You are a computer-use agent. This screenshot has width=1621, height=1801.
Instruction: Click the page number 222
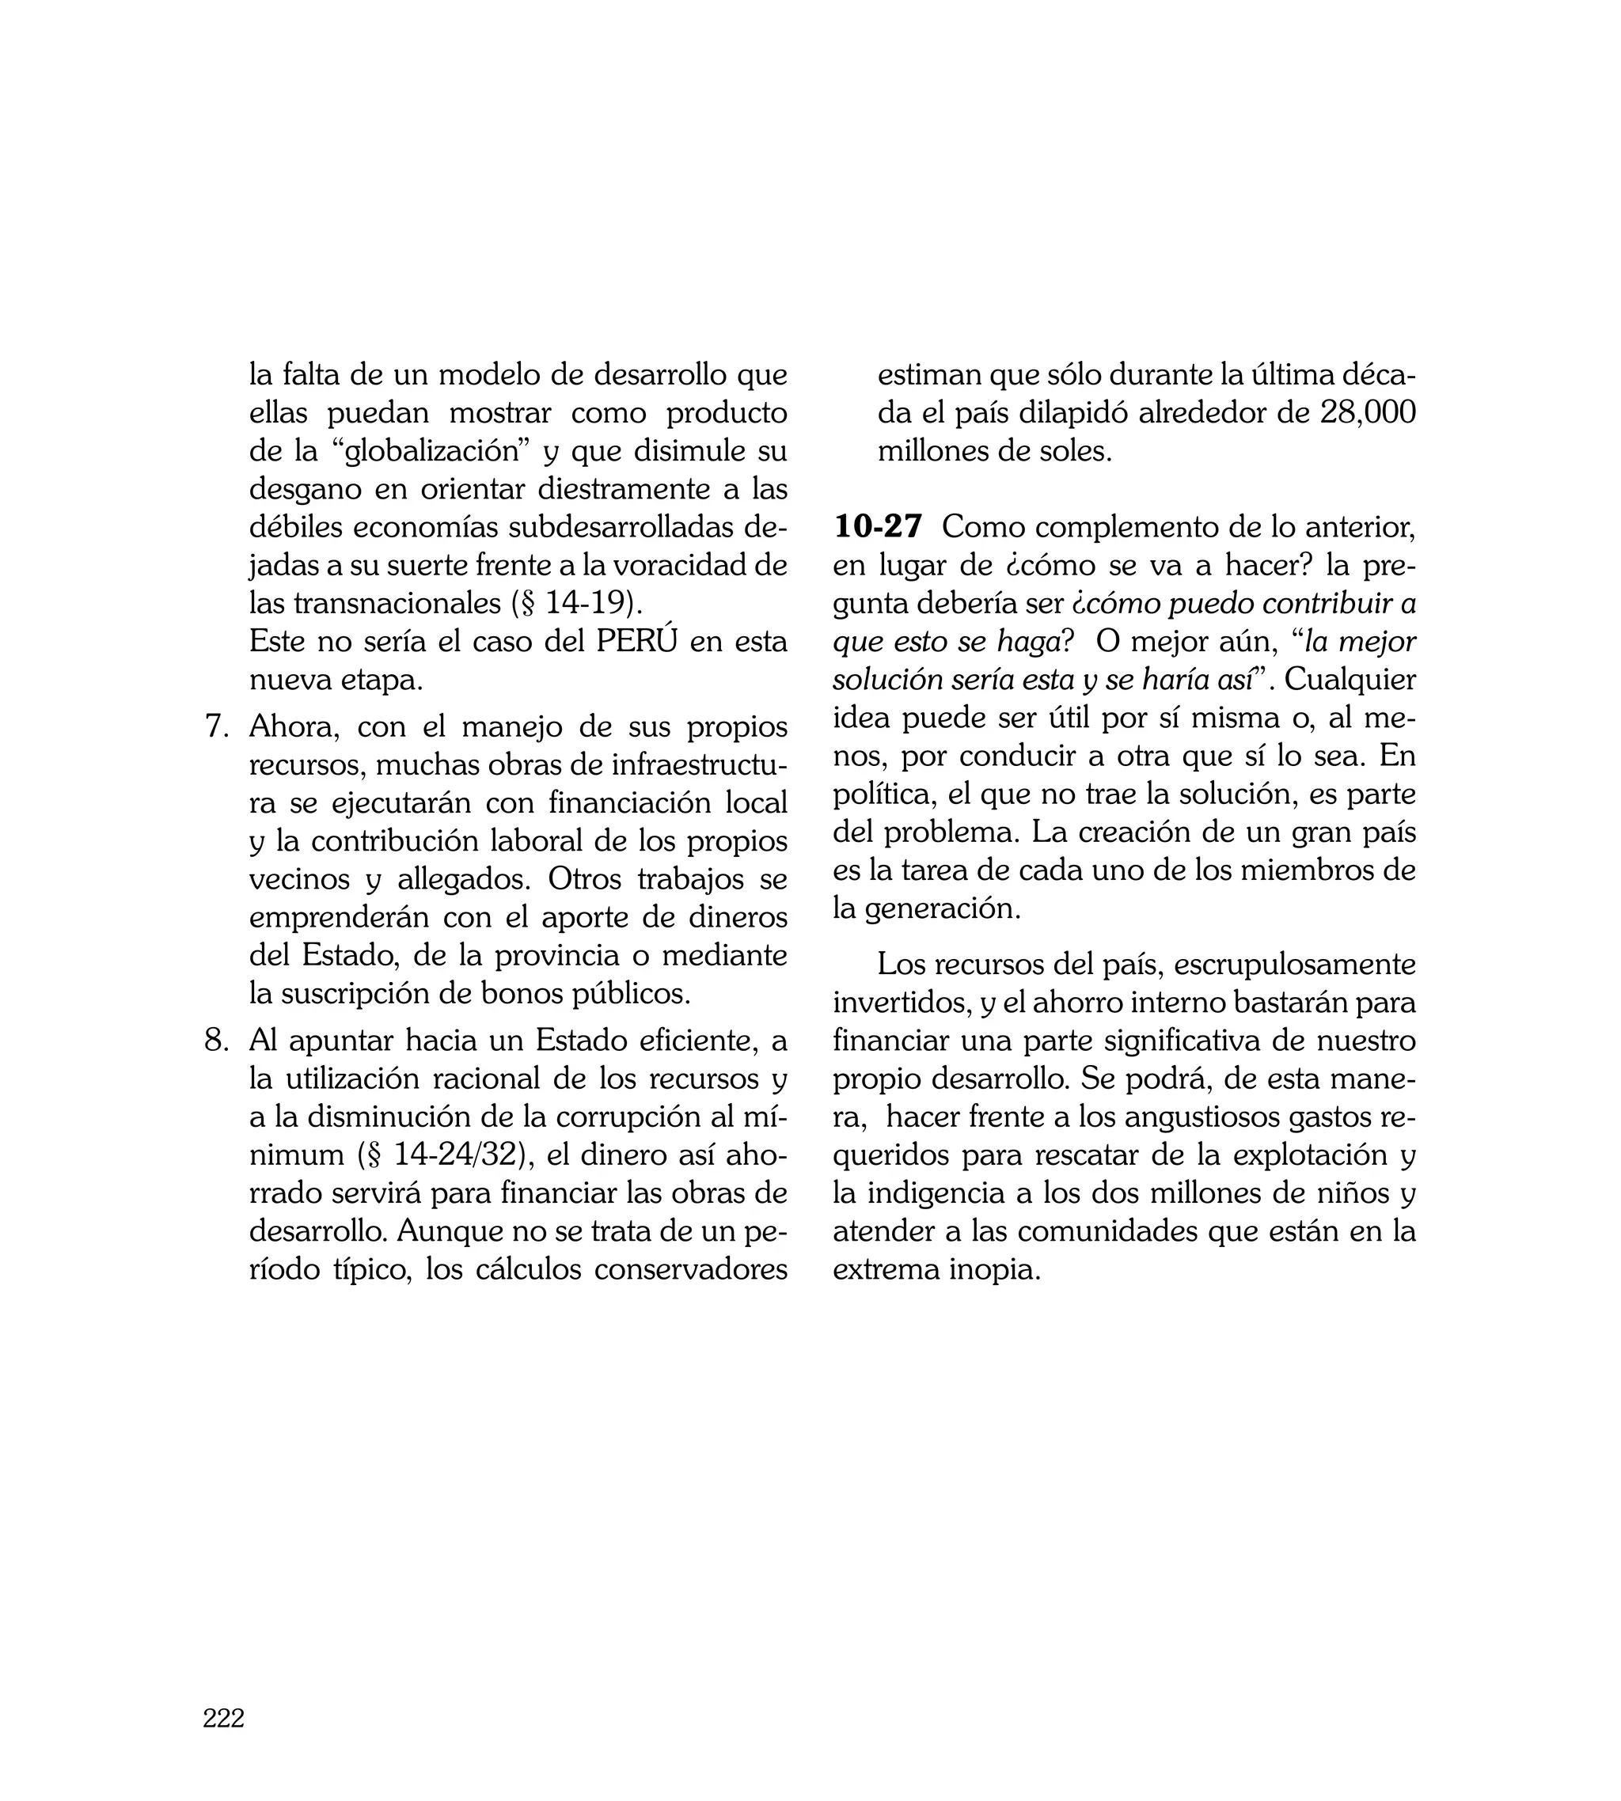pos(223,1719)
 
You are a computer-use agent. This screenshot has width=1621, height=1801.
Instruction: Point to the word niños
pos(1337,1193)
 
